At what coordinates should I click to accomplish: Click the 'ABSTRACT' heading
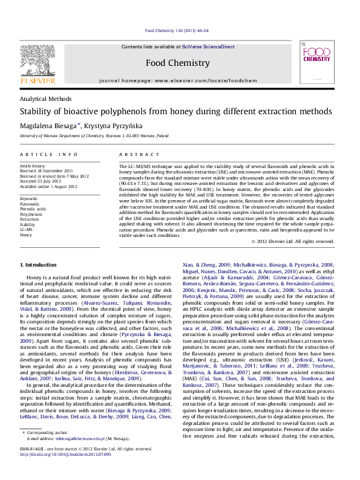[x=134, y=155]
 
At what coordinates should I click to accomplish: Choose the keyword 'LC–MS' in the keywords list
[x=27, y=229]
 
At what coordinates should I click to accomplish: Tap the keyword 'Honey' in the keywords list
[x=26, y=235]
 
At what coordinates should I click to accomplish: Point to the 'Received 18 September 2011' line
[x=46, y=171]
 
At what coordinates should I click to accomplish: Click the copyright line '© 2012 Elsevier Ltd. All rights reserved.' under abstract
[x=292, y=241]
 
